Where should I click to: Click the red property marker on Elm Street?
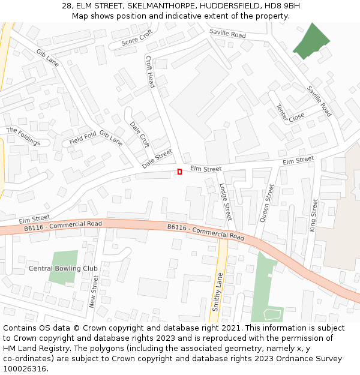(x=179, y=172)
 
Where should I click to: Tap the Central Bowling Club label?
(x=63, y=268)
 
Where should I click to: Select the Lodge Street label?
(x=225, y=202)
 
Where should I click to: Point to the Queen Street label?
(x=266, y=203)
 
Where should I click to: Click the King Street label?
(x=313, y=215)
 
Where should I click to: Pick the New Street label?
(x=94, y=292)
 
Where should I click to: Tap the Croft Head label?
(x=151, y=71)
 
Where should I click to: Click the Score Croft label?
(x=137, y=38)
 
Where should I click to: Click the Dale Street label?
(x=157, y=158)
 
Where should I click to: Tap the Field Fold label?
(x=82, y=138)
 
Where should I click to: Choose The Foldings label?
(x=23, y=136)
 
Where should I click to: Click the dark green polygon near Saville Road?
(x=311, y=42)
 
